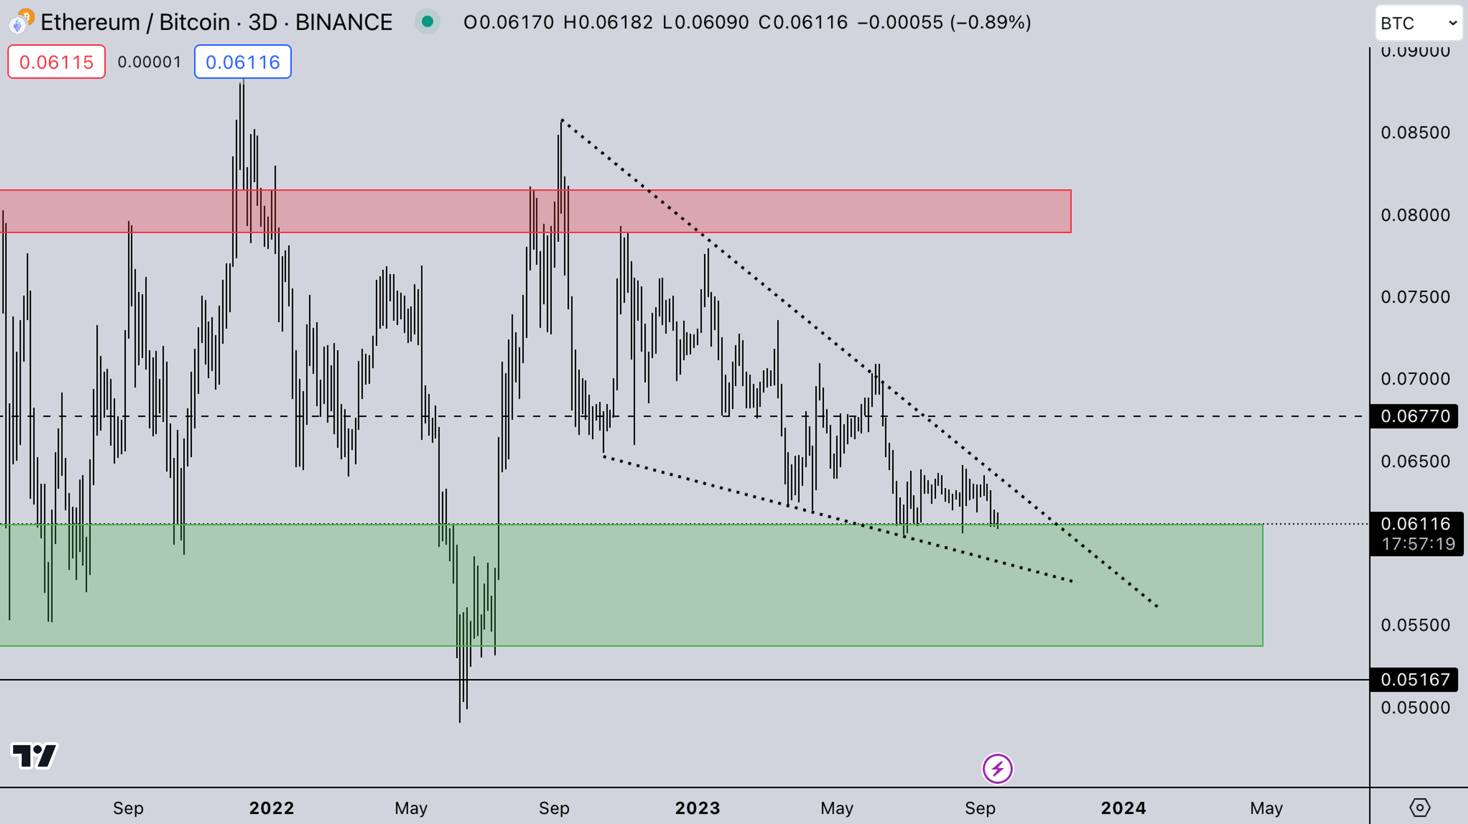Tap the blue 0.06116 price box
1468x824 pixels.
243,62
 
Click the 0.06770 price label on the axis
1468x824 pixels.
1414,416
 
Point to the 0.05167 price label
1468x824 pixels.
1414,679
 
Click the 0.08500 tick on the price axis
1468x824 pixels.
1414,133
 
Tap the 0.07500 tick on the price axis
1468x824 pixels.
1414,297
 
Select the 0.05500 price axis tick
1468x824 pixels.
1414,625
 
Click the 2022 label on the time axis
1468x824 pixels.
271,808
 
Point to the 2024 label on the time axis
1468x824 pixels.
1123,808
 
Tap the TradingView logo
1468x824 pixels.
34,756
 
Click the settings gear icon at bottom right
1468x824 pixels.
1419,808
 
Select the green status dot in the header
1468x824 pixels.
427,22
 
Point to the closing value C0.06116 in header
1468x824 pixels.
802,22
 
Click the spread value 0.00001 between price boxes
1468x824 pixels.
149,62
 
